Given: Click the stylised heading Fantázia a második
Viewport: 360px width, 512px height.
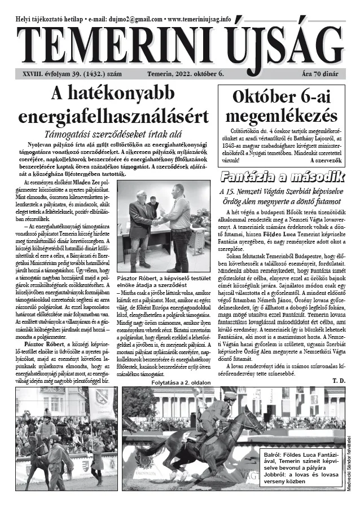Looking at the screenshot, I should tap(281, 176).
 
